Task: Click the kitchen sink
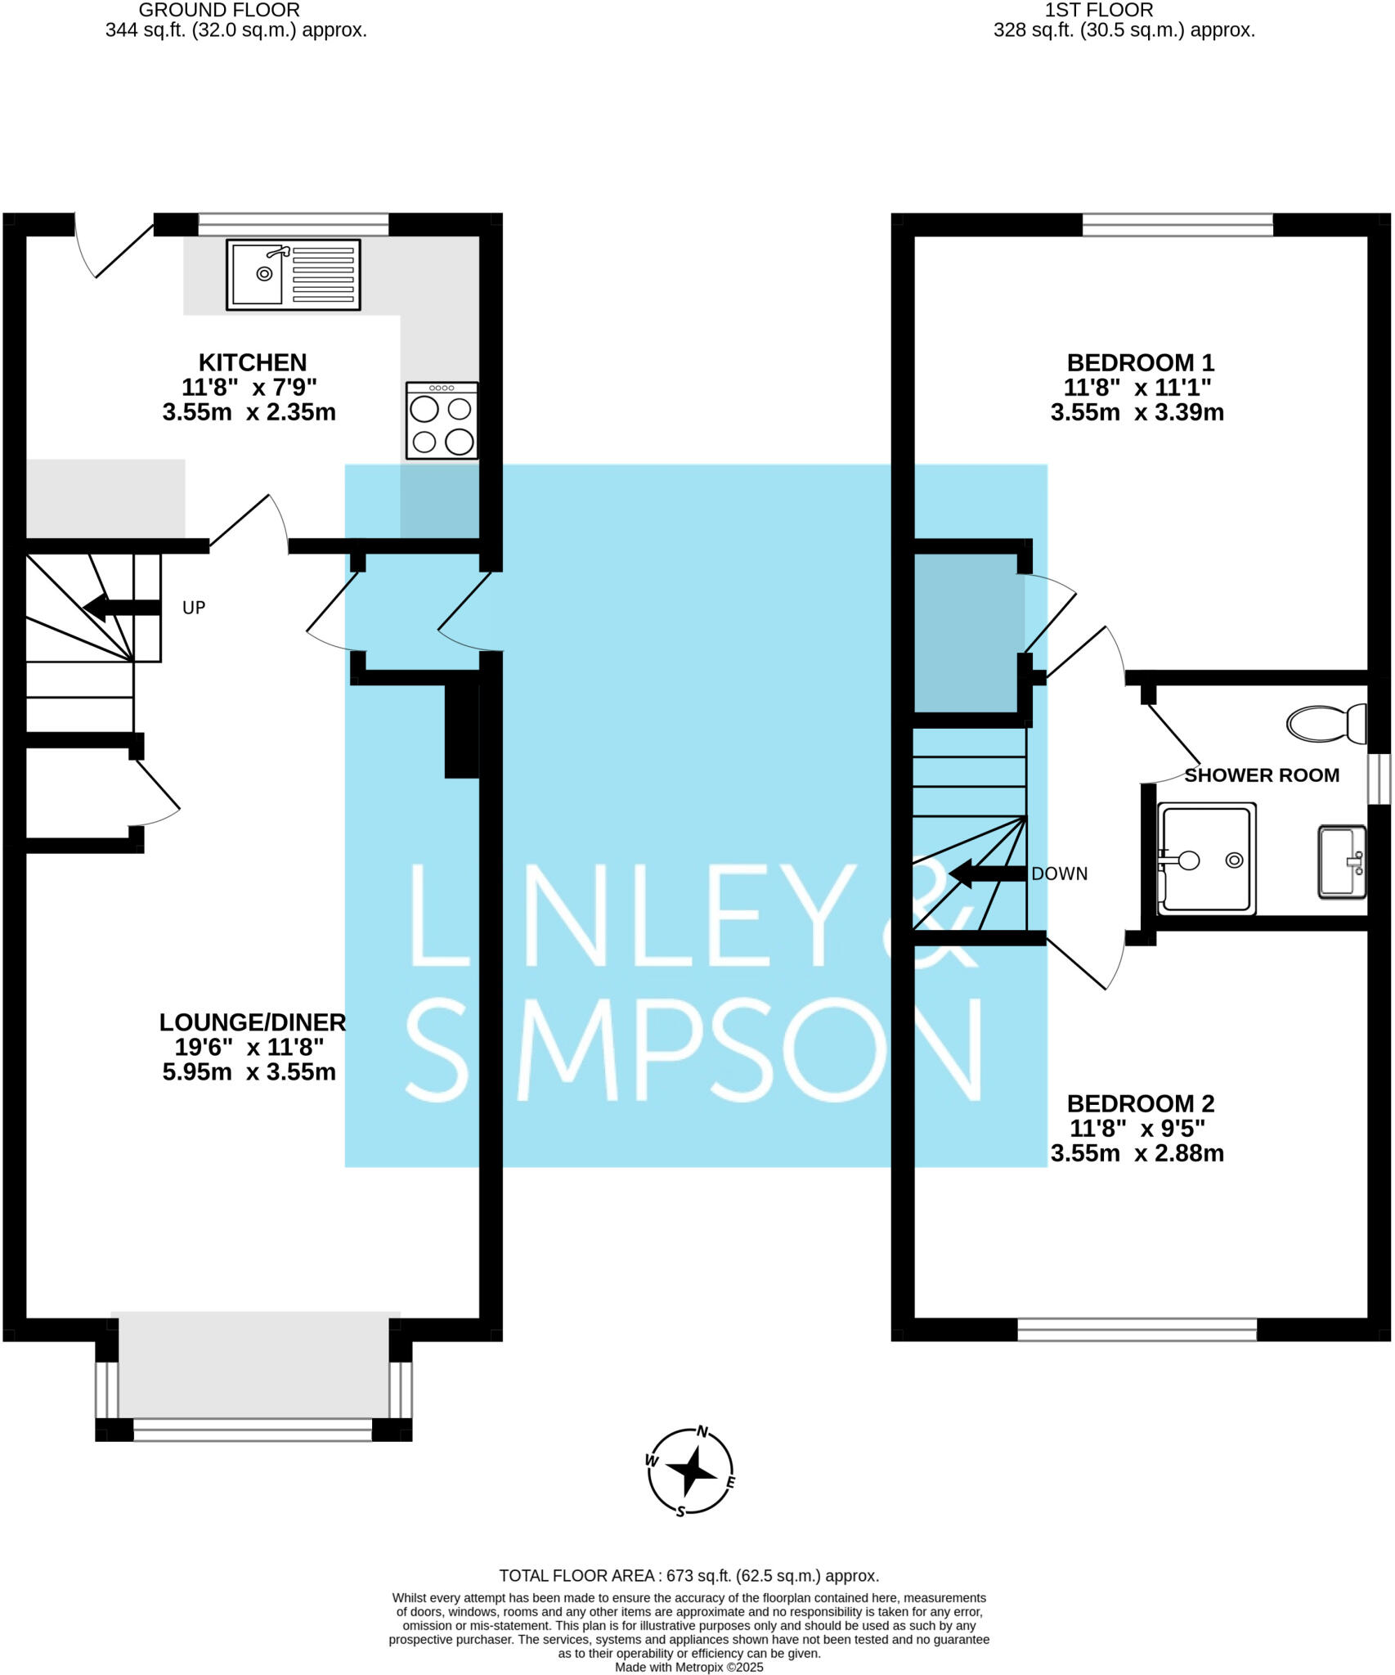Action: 293,275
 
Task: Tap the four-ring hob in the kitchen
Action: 442,420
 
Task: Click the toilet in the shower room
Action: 1325,724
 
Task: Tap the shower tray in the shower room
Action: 1206,859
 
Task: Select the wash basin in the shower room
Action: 1341,863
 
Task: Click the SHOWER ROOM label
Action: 1262,775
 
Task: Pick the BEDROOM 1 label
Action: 1140,362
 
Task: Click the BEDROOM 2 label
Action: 1140,1103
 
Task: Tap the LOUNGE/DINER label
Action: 253,1022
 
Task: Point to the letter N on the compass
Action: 702,1431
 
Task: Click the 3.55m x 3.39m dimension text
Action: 1137,412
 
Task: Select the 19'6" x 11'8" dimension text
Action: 249,1047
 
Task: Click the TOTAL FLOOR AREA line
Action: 689,1576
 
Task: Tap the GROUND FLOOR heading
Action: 219,11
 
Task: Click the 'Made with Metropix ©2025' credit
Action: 689,1667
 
